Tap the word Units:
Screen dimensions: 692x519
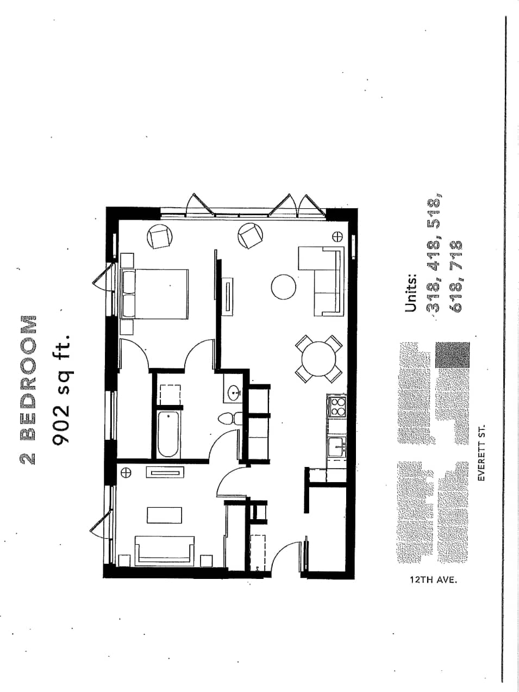pos(411,294)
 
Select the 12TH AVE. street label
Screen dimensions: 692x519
pos(433,579)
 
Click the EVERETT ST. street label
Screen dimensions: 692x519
pos(481,453)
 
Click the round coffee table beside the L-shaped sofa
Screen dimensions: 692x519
pos(284,286)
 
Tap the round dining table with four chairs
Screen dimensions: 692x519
pos(319,358)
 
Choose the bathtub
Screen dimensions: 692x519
pos(168,435)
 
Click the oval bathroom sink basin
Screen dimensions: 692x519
pos(235,391)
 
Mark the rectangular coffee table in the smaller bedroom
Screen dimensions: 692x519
pos(164,515)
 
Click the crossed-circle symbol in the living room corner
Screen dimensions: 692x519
pos(337,236)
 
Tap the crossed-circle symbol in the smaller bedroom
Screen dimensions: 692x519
pos(126,472)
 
